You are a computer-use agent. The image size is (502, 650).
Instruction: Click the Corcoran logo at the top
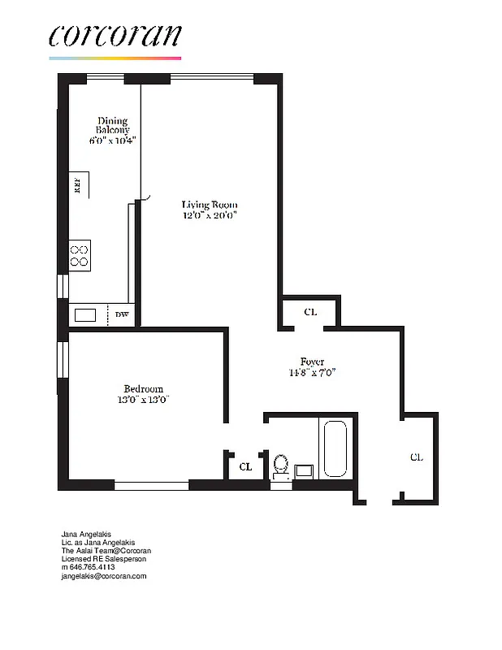114,37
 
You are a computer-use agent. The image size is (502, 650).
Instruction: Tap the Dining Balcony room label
113,126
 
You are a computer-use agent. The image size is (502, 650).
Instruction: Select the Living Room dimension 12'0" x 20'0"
210,216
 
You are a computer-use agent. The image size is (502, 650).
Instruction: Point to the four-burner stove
80,255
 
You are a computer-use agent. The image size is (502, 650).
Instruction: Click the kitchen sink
85,314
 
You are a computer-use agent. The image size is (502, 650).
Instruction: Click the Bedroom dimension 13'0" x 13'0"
143,400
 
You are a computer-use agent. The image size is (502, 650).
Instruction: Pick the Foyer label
312,362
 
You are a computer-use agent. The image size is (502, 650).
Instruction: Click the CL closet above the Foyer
309,312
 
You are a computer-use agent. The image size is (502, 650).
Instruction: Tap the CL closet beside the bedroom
245,466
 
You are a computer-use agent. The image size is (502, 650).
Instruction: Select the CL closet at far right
416,457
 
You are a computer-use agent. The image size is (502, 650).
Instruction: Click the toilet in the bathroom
281,465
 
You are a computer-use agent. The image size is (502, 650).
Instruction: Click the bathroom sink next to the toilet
305,470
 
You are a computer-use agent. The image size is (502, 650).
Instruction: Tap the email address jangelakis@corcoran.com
105,576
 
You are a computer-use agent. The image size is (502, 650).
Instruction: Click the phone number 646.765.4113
92,567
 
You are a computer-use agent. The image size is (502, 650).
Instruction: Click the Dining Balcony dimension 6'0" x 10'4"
113,141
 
